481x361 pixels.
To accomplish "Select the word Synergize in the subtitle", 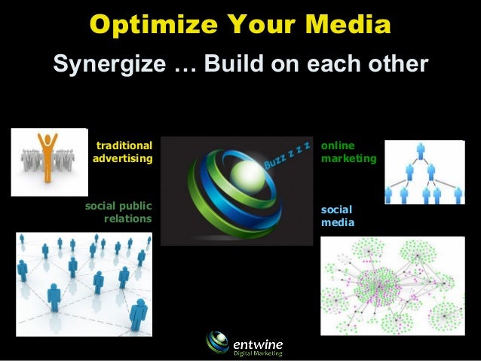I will pos(109,64).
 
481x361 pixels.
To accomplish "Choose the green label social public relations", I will pos(119,213).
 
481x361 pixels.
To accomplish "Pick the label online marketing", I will pos(348,152).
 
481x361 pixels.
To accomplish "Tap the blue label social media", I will pos(337,216).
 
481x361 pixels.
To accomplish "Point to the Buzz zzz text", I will pos(287,154).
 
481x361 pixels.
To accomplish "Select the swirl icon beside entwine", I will pos(218,343).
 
